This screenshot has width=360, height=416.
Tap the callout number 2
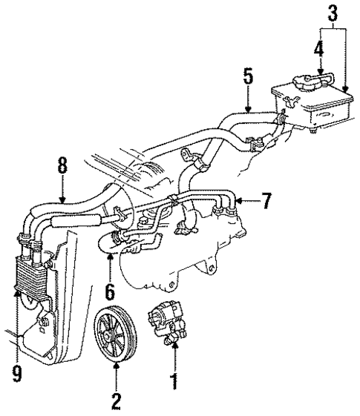click(x=116, y=401)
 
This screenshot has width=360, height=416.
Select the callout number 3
click(x=332, y=14)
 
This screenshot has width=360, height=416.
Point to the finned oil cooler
click(x=28, y=274)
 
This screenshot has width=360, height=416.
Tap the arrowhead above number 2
click(x=116, y=369)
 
